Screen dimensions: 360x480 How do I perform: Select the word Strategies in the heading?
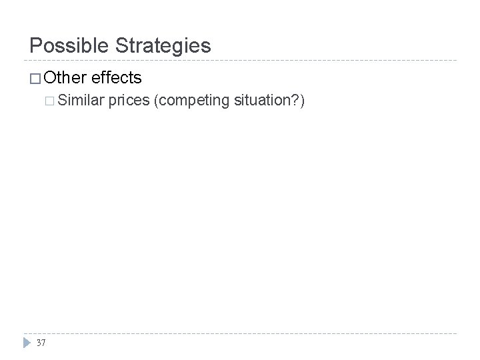click(x=163, y=46)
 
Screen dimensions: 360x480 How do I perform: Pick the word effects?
click(x=117, y=78)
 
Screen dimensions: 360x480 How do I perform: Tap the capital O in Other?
click(x=52, y=78)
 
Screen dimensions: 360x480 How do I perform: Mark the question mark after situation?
click(x=297, y=101)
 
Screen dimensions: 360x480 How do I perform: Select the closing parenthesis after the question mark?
click(x=303, y=102)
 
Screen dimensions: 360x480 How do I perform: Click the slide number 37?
click(x=41, y=342)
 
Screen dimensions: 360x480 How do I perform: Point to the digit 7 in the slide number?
click(x=44, y=342)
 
